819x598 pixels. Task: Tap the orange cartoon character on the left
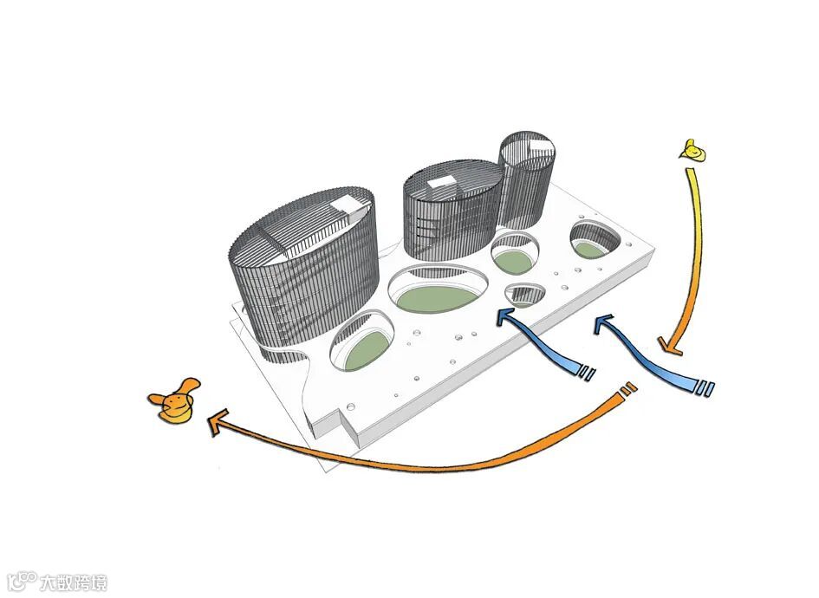(174, 402)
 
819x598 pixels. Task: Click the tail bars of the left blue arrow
(588, 373)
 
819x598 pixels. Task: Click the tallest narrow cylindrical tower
(525, 182)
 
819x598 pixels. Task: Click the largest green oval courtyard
(438, 297)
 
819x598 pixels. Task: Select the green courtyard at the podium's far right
(592, 249)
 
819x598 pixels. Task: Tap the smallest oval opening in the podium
(524, 296)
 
